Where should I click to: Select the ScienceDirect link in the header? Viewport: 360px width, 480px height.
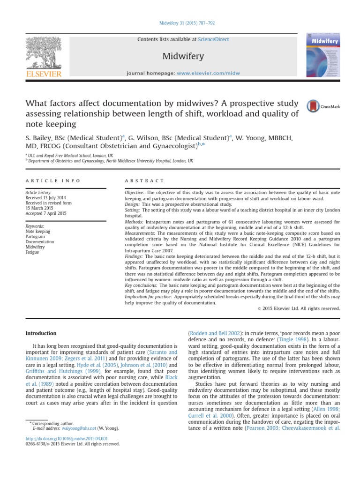214,39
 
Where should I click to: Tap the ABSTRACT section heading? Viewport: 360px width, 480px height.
144,180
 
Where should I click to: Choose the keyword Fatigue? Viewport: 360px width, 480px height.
32,252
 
